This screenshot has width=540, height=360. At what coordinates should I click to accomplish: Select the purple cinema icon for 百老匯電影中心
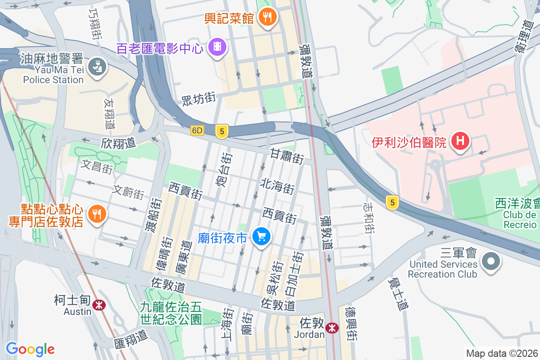217,47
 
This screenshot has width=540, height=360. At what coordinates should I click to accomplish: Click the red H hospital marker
460,142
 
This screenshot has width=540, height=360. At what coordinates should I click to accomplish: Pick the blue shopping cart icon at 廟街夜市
261,236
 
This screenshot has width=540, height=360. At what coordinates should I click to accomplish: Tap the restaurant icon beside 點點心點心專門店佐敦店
96,213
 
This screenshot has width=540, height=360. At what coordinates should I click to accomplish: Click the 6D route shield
197,130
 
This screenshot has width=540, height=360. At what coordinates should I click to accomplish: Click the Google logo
30,349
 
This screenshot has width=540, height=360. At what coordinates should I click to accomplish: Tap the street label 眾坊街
198,98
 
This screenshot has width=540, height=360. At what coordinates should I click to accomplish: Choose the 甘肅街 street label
286,156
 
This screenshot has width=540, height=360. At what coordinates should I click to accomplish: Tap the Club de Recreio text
520,220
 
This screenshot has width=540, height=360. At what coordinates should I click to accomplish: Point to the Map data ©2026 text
501,354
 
